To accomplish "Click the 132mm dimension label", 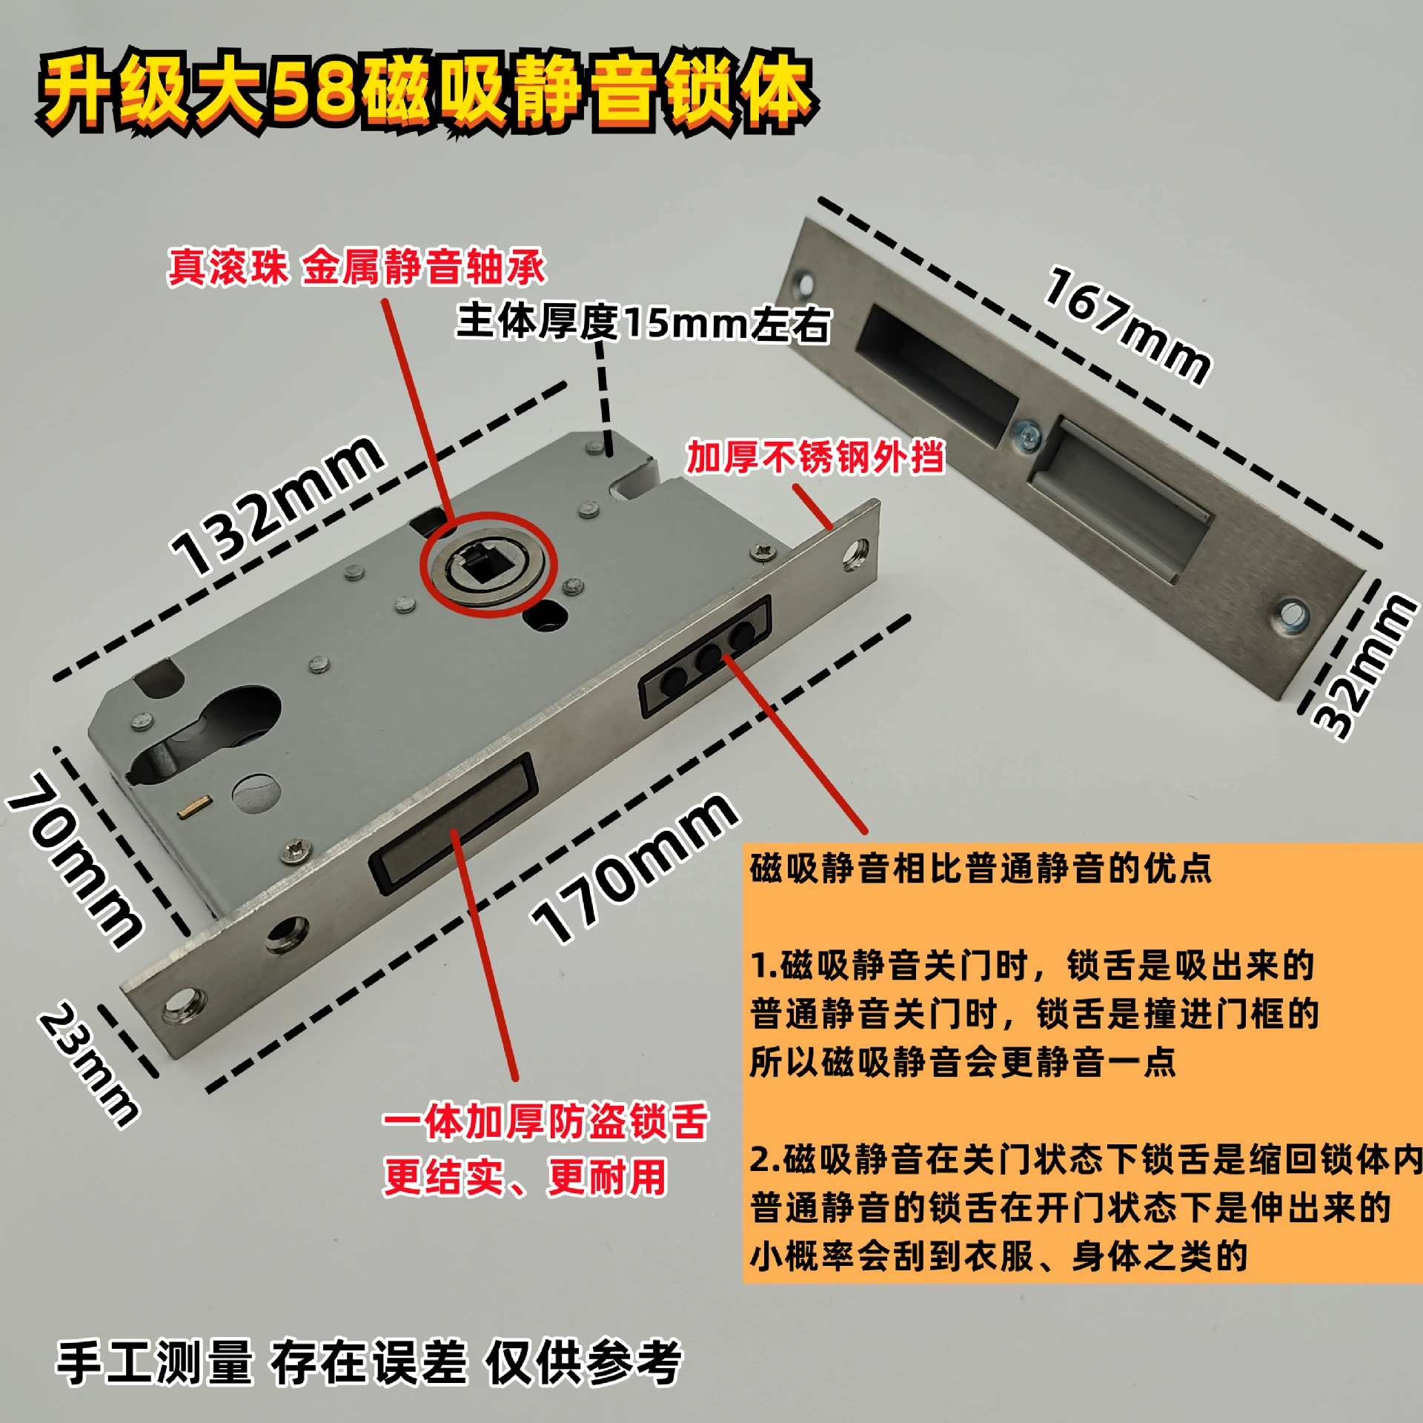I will point(278,505).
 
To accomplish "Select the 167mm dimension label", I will point(1127,326).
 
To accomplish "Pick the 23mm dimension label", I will point(89,1064).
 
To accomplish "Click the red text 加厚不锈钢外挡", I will point(815,457).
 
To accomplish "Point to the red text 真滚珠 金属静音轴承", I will point(356,267).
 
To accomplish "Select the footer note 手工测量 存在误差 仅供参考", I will point(368,1362).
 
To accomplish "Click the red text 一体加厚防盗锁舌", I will point(545,1121).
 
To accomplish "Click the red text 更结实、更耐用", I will point(525,1176).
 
